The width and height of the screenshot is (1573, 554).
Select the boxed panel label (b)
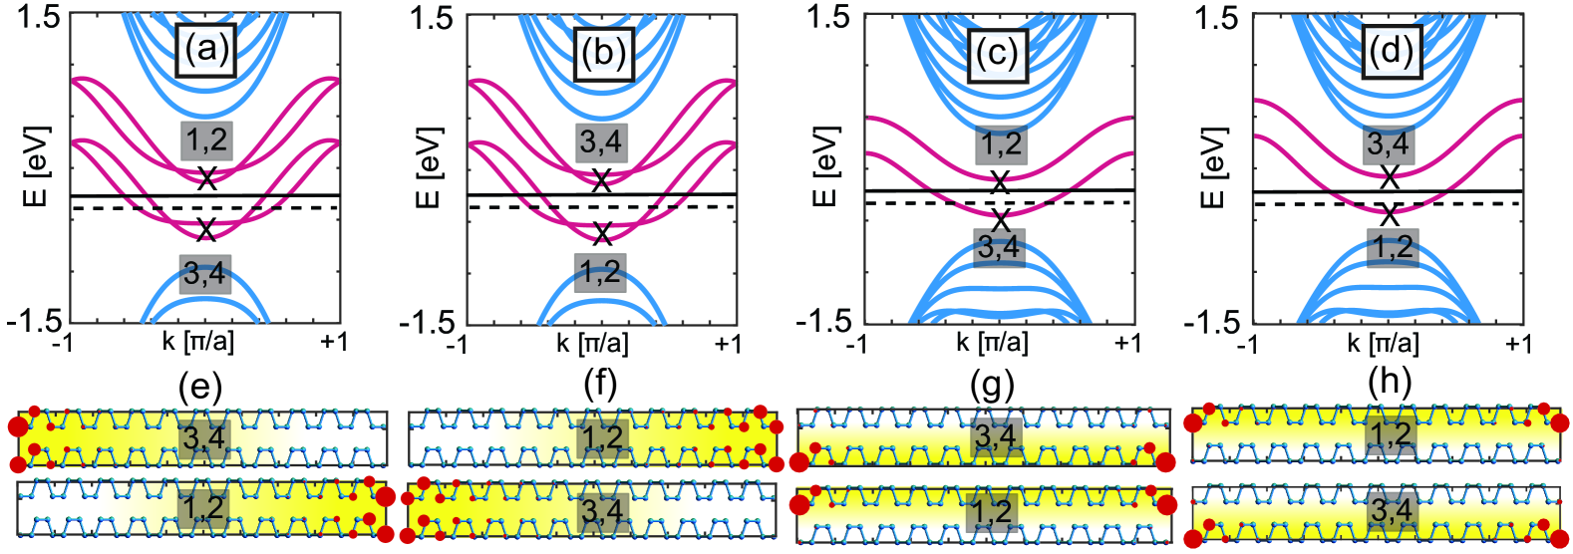[x=602, y=52]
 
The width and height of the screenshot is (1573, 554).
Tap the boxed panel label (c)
[x=997, y=53]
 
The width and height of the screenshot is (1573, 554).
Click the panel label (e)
[x=199, y=386]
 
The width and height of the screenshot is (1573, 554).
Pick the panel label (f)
[x=599, y=384]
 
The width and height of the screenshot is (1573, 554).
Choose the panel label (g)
[x=992, y=385]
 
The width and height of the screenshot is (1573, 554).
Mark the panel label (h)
[x=1390, y=385]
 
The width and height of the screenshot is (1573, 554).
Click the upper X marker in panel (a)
[x=206, y=179]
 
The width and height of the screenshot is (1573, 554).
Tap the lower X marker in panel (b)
[x=602, y=234]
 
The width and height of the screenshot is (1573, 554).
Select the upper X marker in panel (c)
[x=1000, y=182]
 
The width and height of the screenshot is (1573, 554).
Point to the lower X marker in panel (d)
[x=1390, y=214]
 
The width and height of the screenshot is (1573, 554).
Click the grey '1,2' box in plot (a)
[x=206, y=140]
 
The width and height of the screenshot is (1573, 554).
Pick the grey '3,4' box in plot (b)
[x=600, y=142]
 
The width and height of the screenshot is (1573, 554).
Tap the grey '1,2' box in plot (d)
[x=1393, y=247]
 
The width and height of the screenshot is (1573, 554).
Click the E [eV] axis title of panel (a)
[x=36, y=166]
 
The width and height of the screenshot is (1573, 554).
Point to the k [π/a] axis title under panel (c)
[x=992, y=344]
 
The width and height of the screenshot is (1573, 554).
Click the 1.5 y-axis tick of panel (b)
[x=432, y=18]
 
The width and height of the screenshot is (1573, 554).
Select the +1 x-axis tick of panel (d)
[x=1518, y=344]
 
